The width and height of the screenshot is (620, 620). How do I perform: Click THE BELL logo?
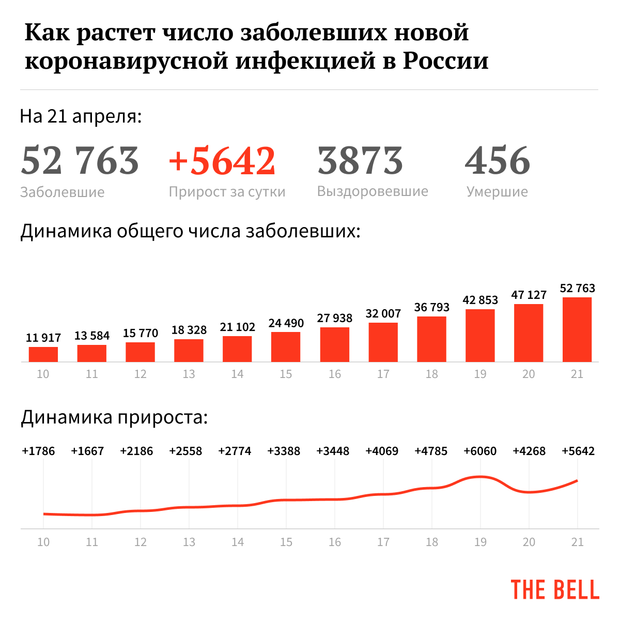(555, 589)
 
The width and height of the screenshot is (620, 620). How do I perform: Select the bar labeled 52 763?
(577, 329)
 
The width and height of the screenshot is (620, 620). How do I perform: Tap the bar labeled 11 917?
(43, 354)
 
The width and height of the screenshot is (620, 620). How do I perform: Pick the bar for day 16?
(334, 344)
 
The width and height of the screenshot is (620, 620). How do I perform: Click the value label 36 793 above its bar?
(432, 308)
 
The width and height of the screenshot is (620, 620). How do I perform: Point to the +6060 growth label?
(480, 451)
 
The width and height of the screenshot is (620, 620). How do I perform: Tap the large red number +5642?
(222, 160)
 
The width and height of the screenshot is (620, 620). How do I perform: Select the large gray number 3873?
(360, 160)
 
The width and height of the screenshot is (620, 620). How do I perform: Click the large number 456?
(498, 160)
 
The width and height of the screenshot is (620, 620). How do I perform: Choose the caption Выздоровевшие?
(373, 191)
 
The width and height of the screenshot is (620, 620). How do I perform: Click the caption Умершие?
(497, 192)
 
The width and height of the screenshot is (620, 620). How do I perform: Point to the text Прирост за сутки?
(227, 192)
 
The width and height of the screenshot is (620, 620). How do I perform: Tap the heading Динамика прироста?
(114, 417)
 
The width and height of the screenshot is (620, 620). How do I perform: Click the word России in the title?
(445, 61)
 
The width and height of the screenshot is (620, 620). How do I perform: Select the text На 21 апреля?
(81, 116)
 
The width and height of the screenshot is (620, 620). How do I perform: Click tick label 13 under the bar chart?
(189, 374)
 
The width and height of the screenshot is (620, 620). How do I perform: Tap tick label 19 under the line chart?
(480, 542)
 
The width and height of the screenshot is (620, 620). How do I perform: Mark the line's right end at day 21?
(577, 481)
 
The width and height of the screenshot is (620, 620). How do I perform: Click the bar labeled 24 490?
(286, 346)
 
